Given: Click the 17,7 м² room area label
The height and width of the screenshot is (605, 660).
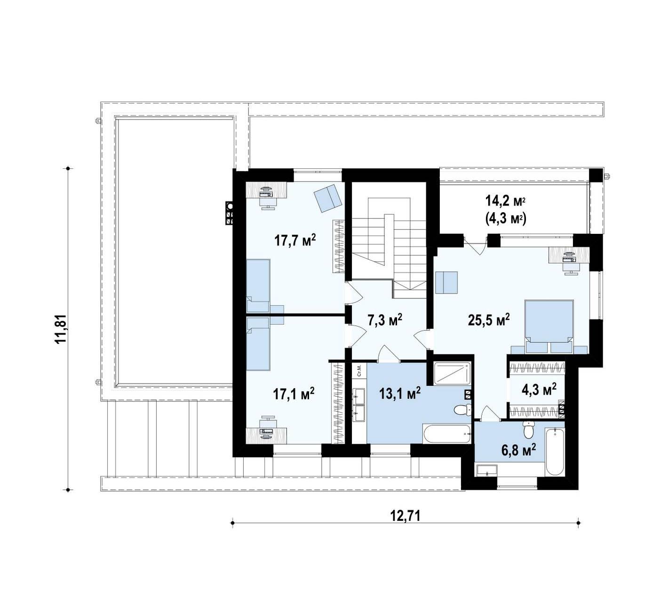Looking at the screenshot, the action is (x=295, y=240).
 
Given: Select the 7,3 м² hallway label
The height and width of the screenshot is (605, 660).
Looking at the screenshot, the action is (x=385, y=319).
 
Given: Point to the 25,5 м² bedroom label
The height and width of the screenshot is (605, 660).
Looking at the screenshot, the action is (x=489, y=319).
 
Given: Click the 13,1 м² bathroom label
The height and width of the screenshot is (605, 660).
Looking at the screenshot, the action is (x=400, y=393).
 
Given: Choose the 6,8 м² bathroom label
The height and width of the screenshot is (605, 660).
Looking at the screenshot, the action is (x=518, y=450).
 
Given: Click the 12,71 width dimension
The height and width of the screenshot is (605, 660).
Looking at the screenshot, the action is (x=406, y=516).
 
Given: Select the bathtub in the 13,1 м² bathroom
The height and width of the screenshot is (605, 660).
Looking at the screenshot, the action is (x=446, y=434).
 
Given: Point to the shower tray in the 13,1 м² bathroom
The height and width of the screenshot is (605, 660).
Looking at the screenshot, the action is (x=452, y=373).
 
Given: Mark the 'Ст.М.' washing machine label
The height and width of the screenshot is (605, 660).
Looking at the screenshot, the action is (x=359, y=371).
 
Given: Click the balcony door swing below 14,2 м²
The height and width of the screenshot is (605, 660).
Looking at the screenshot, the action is (x=476, y=246).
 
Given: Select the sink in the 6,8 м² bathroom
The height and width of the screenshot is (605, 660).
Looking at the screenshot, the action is (x=486, y=470).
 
